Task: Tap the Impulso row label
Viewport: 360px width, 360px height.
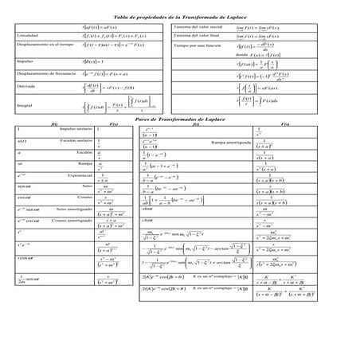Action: (x=25, y=59)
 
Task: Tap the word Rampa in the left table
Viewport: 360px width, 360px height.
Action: (x=83, y=163)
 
